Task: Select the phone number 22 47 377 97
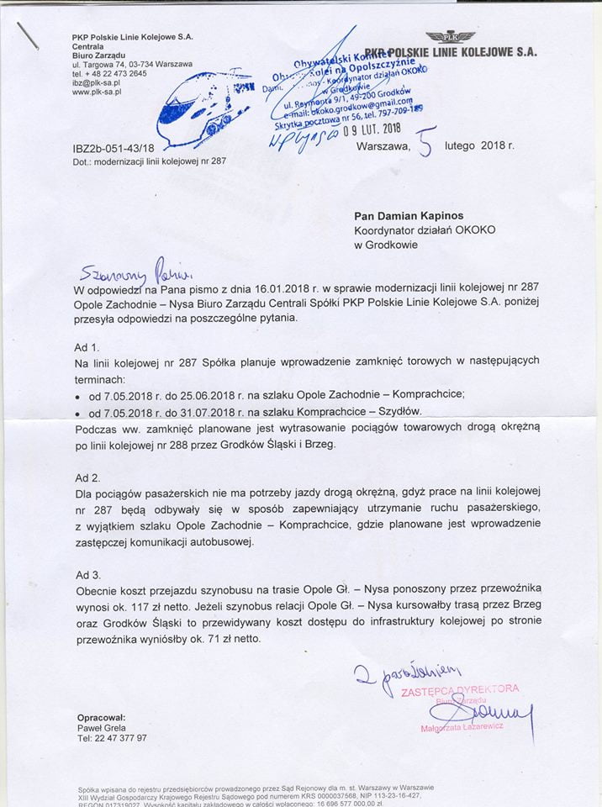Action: pos(119,737)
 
